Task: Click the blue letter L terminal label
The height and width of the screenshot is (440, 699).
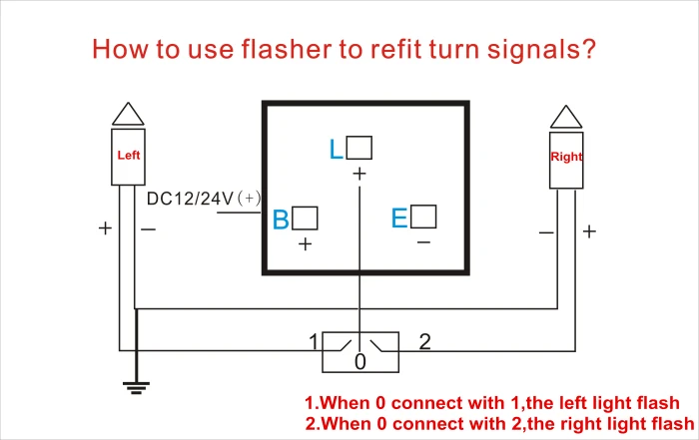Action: click(336, 149)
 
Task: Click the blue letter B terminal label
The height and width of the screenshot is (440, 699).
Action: click(281, 220)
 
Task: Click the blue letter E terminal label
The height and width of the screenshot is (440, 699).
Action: click(399, 219)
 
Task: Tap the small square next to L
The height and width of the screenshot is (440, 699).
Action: click(358, 148)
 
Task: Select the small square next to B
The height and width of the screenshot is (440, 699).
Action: click(305, 218)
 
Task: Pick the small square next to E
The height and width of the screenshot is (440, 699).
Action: click(423, 217)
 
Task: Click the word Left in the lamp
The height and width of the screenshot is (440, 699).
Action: click(129, 155)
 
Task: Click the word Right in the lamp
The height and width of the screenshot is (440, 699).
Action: click(566, 157)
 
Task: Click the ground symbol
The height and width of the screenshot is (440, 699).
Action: click(136, 387)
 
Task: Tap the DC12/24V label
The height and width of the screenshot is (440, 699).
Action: click(204, 199)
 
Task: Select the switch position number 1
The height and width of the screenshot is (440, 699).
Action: click(314, 342)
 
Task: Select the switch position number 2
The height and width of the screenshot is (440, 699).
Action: click(424, 342)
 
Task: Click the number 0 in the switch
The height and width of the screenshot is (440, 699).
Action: click(360, 361)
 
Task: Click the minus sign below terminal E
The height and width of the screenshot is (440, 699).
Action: click(423, 242)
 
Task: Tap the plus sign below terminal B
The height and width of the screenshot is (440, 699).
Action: click(305, 244)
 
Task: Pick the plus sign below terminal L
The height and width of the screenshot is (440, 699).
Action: click(359, 174)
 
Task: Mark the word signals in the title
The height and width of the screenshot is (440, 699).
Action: click(541, 50)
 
